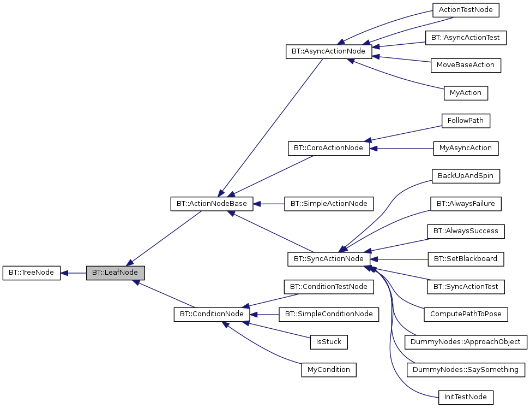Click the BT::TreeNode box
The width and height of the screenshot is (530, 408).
31,273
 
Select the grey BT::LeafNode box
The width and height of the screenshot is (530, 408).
115,273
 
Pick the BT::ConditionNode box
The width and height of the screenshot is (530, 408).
212,315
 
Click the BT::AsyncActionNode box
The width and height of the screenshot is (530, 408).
329,52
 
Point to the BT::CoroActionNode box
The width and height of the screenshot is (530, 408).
329,149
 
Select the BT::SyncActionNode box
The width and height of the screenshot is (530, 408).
329,259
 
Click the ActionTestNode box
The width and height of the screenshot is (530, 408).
466,10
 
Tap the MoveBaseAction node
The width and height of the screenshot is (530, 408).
466,65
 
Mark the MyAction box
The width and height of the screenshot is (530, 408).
466,93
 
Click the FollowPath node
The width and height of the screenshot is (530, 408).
466,121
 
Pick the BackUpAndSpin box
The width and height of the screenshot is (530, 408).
466,176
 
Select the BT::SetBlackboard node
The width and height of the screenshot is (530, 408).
466,259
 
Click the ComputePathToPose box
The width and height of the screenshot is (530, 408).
466,315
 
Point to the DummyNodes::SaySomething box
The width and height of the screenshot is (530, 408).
466,370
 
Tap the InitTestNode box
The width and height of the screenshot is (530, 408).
466,397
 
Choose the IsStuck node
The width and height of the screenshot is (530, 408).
328,342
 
